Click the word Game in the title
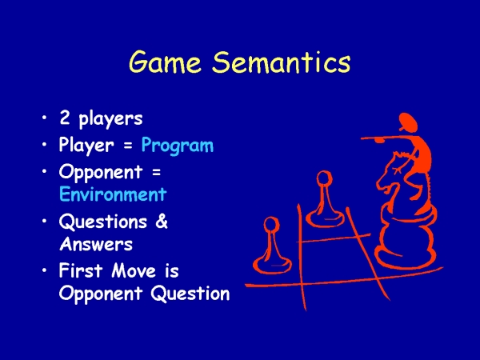[165, 62]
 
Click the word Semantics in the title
[282, 62]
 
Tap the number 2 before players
[65, 117]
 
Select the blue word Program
[178, 145]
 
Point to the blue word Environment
[113, 194]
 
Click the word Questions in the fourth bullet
[103, 221]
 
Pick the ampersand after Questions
[162, 221]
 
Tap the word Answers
[96, 244]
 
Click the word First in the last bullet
[81, 270]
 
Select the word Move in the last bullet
[134, 270]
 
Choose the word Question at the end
[190, 294]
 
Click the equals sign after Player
[129, 146]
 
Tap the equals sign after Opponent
[156, 173]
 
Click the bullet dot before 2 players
[45, 117]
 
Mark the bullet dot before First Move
[45, 270]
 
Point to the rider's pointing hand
[379, 140]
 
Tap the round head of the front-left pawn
[271, 225]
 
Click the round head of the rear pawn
[324, 178]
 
